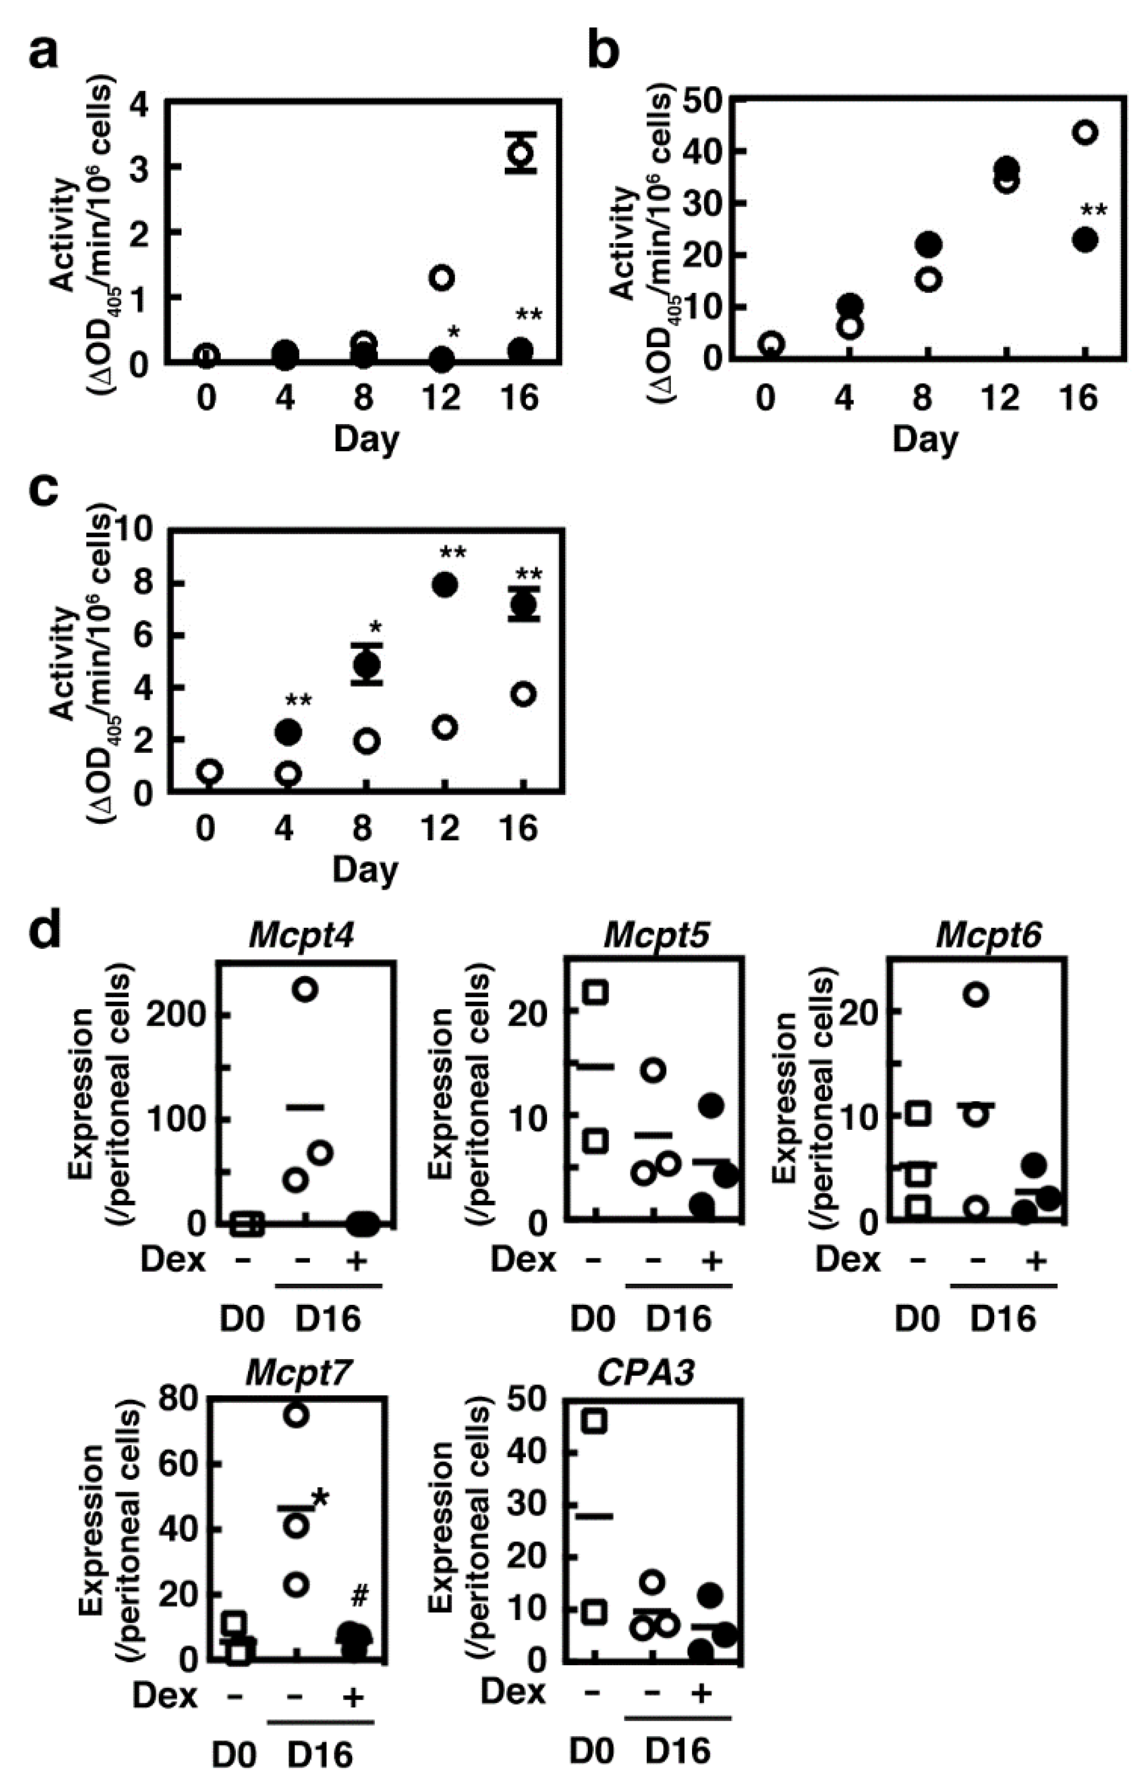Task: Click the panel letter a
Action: (x=43, y=54)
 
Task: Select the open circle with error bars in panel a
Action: (x=520, y=153)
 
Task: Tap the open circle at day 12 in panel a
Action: (x=442, y=278)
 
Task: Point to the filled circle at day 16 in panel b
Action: (x=1085, y=240)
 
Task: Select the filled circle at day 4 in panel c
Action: (x=288, y=732)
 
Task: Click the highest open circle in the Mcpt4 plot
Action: (x=306, y=990)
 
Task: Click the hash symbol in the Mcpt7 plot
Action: (x=360, y=1595)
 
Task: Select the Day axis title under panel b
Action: (x=925, y=440)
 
